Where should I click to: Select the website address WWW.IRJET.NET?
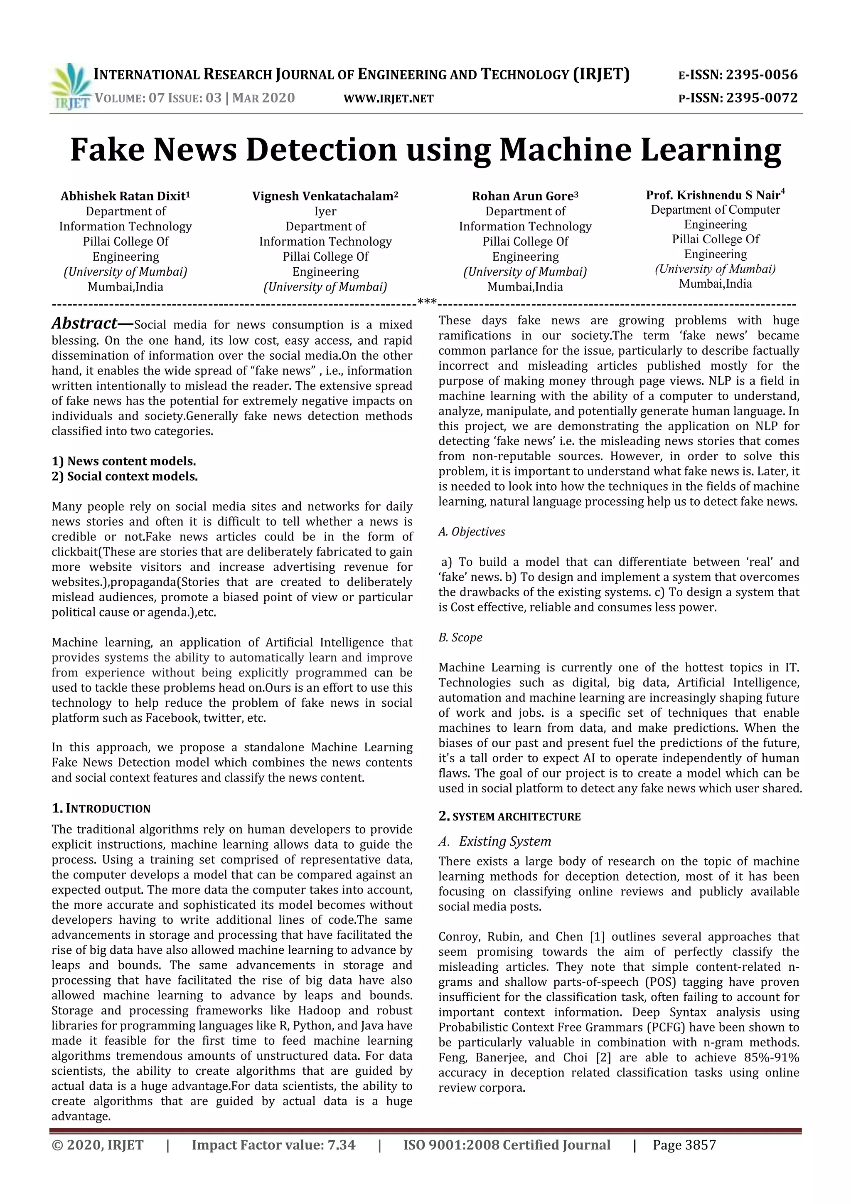click(388, 99)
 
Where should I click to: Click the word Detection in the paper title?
click(321, 150)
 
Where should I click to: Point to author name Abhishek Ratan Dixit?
click(125, 196)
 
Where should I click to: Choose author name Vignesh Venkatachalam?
click(325, 196)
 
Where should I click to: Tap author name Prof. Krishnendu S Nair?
click(715, 195)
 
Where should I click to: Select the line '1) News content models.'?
click(124, 461)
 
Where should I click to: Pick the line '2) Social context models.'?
click(125, 477)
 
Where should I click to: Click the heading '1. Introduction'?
click(101, 808)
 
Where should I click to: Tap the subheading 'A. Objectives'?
click(472, 532)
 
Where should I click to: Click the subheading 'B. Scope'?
click(460, 638)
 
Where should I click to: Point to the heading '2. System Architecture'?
click(509, 817)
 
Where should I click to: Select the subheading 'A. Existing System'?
click(494, 841)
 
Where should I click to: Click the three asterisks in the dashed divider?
click(427, 302)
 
